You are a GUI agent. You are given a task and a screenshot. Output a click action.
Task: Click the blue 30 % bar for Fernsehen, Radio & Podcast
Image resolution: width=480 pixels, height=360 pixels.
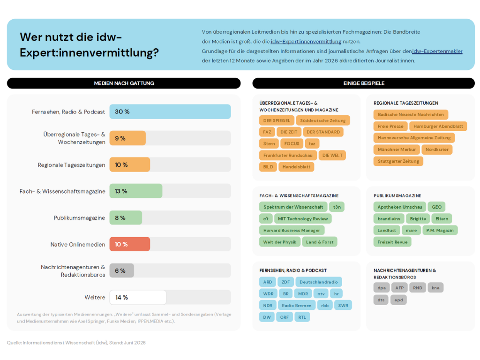coord(170,112)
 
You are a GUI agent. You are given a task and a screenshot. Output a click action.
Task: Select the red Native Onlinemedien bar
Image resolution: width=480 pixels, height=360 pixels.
coord(130,244)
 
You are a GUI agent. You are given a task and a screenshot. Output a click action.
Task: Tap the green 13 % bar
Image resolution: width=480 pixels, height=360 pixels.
coord(136,191)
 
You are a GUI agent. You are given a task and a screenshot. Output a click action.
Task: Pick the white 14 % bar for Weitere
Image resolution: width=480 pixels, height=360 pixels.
coord(138,297)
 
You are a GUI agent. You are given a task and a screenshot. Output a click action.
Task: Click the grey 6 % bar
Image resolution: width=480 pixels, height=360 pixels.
coord(121,270)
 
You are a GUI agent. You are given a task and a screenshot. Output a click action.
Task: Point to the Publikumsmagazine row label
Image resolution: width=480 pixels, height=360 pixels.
coord(79,217)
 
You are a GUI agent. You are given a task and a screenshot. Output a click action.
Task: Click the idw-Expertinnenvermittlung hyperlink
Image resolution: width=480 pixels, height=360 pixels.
coord(306,41)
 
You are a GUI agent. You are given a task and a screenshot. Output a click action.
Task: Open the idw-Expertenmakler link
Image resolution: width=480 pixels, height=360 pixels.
coord(437,51)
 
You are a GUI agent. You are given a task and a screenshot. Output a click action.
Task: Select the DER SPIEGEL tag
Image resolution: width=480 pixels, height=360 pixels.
coord(277,120)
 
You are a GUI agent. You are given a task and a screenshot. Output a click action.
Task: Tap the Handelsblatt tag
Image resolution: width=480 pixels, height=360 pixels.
coord(296,167)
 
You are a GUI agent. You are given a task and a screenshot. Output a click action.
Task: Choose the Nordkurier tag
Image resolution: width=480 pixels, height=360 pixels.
coord(437,150)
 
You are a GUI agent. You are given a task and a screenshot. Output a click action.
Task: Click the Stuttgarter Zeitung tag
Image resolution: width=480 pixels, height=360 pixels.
coord(398,161)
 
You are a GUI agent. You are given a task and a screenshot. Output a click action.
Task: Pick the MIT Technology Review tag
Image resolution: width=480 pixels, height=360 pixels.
coord(303,218)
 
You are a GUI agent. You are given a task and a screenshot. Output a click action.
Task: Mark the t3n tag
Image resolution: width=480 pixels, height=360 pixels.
coord(337,207)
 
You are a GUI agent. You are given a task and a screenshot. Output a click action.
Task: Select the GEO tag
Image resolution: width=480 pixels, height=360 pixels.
coord(436,207)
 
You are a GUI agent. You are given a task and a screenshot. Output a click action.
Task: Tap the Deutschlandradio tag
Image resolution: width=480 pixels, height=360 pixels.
coord(319,282)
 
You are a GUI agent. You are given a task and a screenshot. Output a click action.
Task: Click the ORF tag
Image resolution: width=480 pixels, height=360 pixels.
coord(285,317)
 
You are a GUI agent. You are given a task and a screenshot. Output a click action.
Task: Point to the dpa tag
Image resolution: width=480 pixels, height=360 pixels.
coord(382,288)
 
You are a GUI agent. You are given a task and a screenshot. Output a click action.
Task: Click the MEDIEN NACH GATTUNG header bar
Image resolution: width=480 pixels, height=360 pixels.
coord(124,83)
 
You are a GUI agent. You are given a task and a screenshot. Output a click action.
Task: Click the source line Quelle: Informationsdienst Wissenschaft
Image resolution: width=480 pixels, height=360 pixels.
coord(76,343)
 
